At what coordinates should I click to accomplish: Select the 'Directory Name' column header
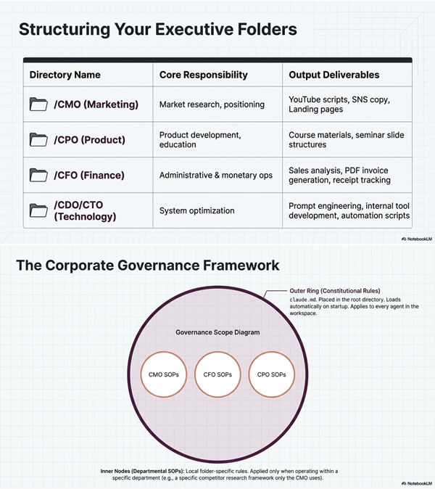tap(65, 75)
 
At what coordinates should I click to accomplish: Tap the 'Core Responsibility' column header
tap(203, 75)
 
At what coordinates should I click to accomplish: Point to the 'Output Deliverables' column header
tap(333, 75)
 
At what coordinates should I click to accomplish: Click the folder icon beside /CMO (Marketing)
tap(38, 104)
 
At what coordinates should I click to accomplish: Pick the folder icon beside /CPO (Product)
tap(38, 139)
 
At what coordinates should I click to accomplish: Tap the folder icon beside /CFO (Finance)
tap(38, 175)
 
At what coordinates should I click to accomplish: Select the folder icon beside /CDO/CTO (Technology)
tap(38, 210)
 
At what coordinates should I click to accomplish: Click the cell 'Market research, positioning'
tap(212, 104)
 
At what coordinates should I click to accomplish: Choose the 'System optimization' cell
tap(196, 210)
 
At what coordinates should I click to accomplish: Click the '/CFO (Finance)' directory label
tap(88, 175)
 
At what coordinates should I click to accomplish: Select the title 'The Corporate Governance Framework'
tap(147, 266)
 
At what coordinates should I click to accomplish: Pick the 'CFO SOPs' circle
tap(217, 374)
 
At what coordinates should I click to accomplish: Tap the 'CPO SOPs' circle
tap(271, 374)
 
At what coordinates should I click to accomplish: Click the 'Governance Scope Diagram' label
tap(217, 332)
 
